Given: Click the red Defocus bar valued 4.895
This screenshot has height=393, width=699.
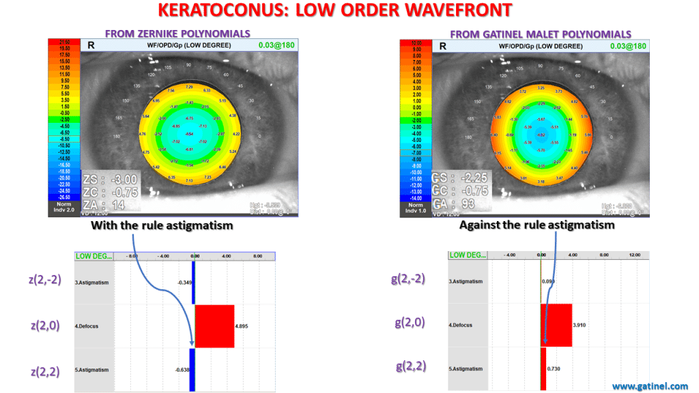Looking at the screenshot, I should [x=214, y=326].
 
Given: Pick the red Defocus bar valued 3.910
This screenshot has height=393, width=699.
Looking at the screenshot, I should [x=556, y=325].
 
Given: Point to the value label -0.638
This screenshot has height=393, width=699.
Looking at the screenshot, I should [x=181, y=370].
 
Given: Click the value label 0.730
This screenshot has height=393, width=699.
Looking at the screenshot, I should [x=554, y=369].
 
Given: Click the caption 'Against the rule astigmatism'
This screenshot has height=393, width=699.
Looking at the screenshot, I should [x=537, y=224].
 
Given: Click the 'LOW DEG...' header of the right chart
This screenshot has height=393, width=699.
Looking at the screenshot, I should [x=468, y=255].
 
